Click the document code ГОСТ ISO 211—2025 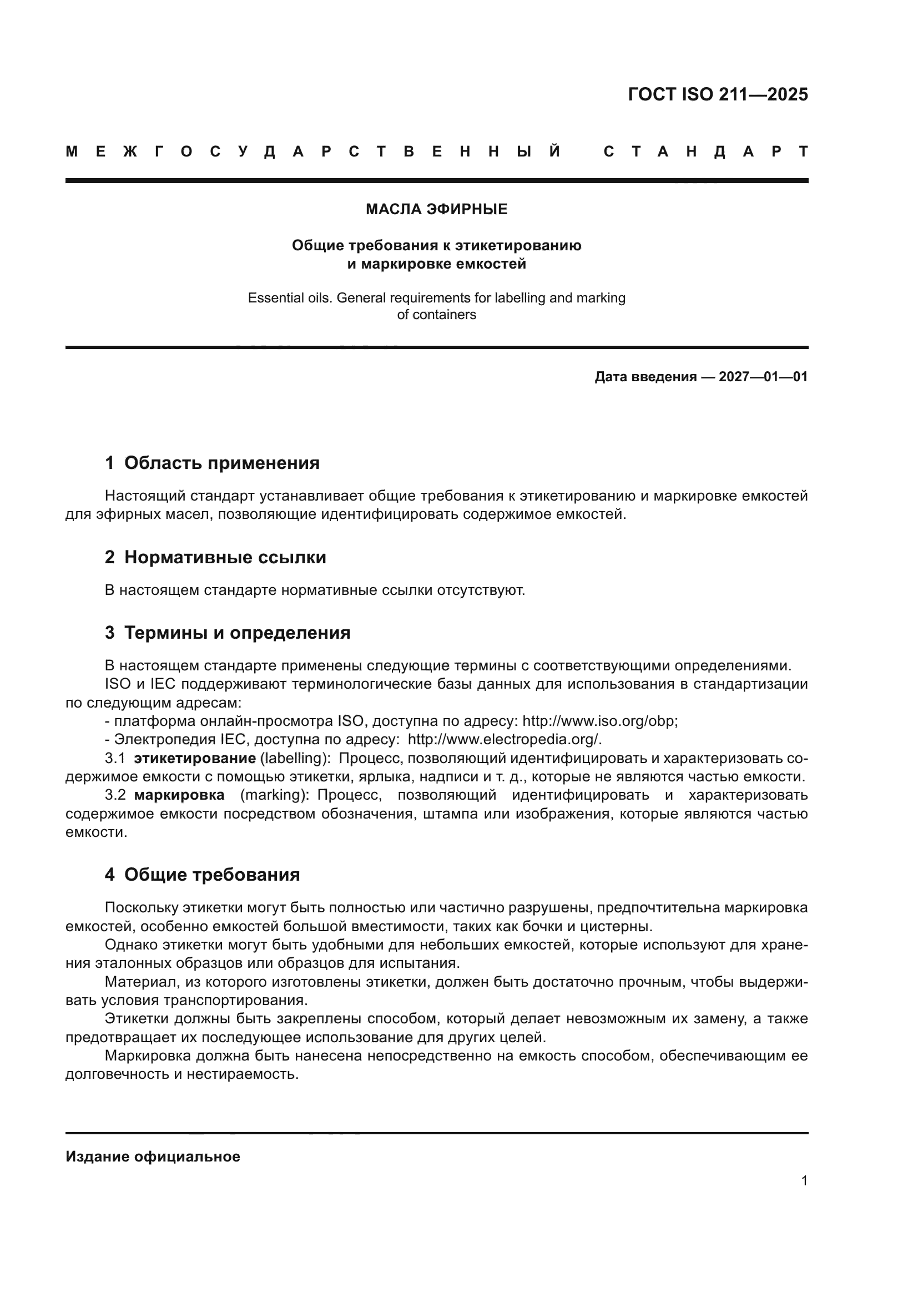tap(717, 94)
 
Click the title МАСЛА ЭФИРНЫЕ tap(436, 209)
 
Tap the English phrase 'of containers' tap(436, 315)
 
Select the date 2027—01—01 tap(763, 377)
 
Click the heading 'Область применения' tap(221, 463)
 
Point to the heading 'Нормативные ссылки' tap(225, 557)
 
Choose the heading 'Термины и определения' tap(237, 633)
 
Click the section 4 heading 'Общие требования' tap(212, 875)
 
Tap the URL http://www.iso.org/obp tap(599, 721)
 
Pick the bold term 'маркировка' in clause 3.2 tap(179, 795)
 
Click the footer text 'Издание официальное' tap(153, 1156)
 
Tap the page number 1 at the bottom tap(804, 1180)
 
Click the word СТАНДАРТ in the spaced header tap(705, 151)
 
